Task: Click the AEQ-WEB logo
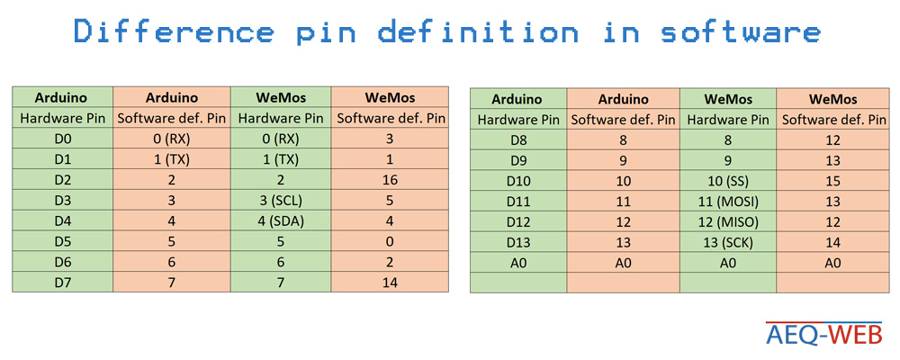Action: (823, 334)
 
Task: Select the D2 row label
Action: (63, 180)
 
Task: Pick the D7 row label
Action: (63, 283)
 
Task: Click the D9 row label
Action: (518, 161)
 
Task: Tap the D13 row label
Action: (518, 243)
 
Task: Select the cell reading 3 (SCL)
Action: (281, 201)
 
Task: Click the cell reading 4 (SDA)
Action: (281, 221)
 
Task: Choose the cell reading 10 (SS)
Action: (728, 182)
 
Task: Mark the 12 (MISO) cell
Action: (728, 222)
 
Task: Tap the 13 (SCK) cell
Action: (728, 243)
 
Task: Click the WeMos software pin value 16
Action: (390, 180)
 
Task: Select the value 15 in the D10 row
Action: (832, 182)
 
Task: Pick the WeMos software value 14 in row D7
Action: (390, 283)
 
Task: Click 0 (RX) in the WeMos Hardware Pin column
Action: (281, 139)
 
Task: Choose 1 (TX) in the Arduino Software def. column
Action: (172, 160)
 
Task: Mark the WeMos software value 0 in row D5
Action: (390, 242)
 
